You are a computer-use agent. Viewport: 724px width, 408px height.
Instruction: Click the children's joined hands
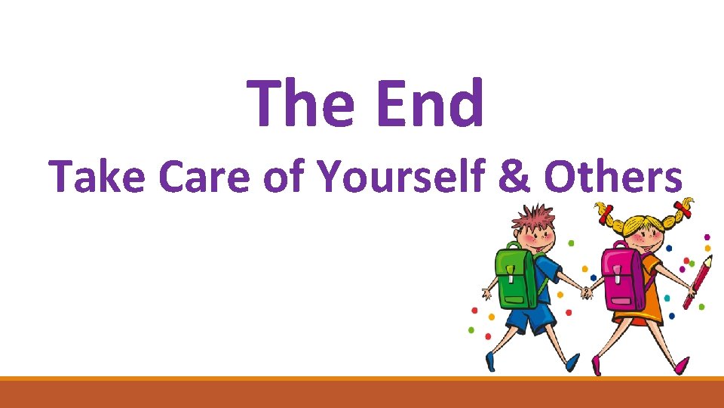[x=587, y=292]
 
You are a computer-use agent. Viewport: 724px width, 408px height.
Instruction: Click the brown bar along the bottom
[x=362, y=394]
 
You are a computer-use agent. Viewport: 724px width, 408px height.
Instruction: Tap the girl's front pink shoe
[x=682, y=366]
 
